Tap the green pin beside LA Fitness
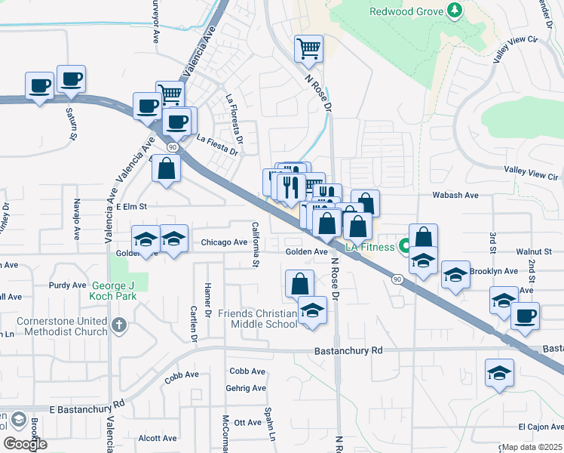tap(406, 246)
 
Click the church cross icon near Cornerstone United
tap(118, 326)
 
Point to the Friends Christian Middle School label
tap(257, 319)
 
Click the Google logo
tap(24, 444)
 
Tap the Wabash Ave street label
tap(455, 195)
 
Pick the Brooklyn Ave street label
tap(493, 271)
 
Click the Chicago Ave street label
tap(225, 243)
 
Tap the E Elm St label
tap(130, 205)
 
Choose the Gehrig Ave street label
tap(246, 388)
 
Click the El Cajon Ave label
tap(540, 427)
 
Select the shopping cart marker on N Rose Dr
tap(308, 50)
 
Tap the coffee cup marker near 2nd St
tap(525, 315)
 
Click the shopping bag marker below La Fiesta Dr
tap(167, 169)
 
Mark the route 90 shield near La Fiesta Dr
tap(173, 146)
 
